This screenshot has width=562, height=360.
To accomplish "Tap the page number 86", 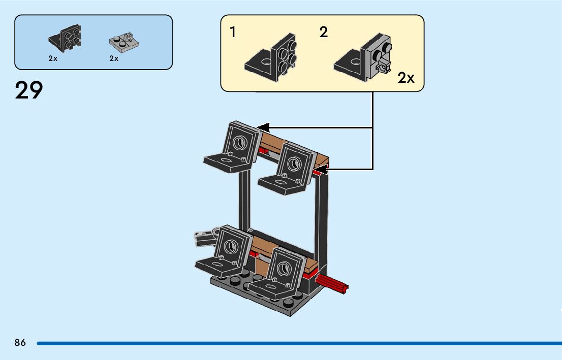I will [20, 343].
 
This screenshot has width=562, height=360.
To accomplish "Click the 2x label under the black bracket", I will [53, 58].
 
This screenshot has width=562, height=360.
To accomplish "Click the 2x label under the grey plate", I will [114, 58].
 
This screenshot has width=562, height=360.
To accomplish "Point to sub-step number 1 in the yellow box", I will [233, 32].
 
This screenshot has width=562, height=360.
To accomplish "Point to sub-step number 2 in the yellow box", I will [324, 32].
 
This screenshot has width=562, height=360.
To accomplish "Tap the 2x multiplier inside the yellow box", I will [406, 78].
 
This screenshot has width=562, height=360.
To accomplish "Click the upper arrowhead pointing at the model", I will [263, 127].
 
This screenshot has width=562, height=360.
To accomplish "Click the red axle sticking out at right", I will [332, 284].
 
